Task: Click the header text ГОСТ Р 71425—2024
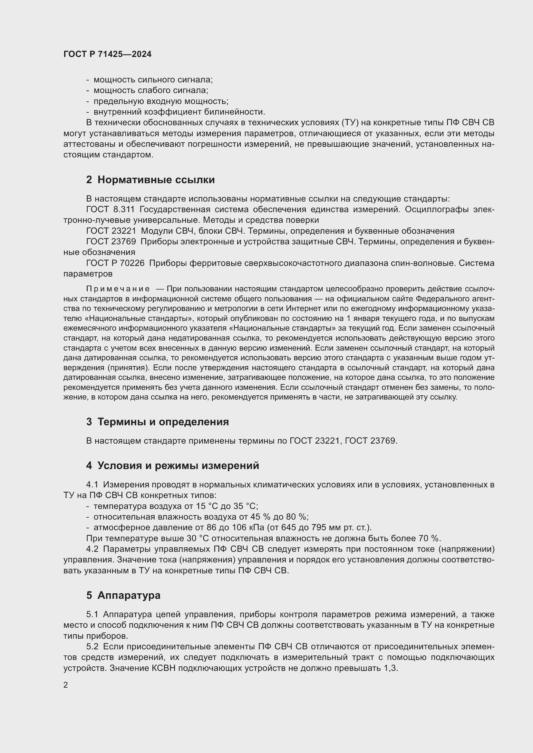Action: pyautogui.click(x=107, y=54)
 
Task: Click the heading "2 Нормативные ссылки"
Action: pyautogui.click(x=150, y=180)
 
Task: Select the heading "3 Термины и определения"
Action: pyautogui.click(x=158, y=422)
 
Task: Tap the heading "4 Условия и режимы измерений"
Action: pyautogui.click(x=173, y=466)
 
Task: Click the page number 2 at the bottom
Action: pyautogui.click(x=66, y=685)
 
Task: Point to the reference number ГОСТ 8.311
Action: pyautogui.click(x=110, y=209)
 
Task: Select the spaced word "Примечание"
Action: pyautogui.click(x=118, y=289)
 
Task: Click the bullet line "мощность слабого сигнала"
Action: pyautogui.click(x=150, y=90)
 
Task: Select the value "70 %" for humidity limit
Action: pyautogui.click(x=429, y=538)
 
